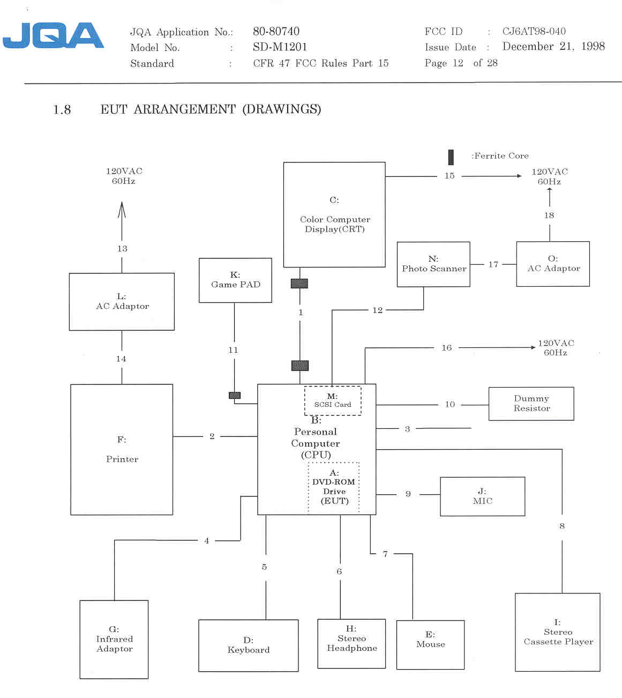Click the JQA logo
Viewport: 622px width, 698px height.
53,35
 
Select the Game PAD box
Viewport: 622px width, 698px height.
235,280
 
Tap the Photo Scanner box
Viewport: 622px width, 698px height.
433,264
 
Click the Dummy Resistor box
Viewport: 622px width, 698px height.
531,404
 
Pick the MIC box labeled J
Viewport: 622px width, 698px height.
482,496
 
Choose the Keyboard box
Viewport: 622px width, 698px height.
248,645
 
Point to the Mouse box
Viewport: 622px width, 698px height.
430,645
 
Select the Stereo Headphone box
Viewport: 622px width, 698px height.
351,643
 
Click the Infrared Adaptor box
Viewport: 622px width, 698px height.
114,639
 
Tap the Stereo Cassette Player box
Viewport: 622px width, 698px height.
557,632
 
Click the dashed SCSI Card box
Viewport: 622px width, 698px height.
333,401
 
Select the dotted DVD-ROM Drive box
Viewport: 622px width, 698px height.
334,487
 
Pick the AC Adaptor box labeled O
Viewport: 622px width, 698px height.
553,264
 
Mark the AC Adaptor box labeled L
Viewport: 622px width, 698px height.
122,302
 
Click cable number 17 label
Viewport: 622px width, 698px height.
493,264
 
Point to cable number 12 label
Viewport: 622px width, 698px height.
378,310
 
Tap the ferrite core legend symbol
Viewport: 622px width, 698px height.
451,157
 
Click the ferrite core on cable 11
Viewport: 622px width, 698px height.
235,396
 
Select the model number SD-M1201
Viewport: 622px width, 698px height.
280,47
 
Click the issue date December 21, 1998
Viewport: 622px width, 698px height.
553,47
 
